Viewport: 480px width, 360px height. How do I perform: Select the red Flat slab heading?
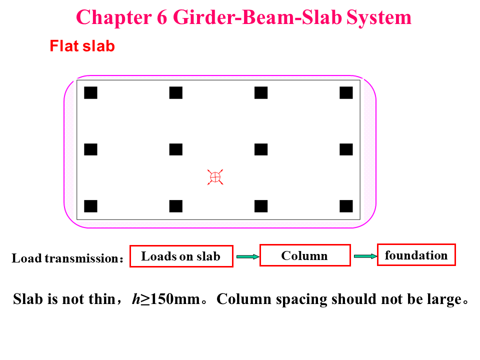click(82, 46)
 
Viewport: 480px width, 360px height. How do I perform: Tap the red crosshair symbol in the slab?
click(215, 177)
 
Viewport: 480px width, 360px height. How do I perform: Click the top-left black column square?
click(90, 93)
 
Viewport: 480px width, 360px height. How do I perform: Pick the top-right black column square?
click(346, 93)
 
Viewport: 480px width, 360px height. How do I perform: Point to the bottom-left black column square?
click(90, 206)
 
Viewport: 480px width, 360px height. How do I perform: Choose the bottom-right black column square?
click(346, 206)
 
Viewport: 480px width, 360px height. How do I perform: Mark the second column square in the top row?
click(176, 93)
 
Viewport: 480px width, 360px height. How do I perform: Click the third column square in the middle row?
click(261, 149)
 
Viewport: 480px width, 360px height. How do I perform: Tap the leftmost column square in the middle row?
click(90, 149)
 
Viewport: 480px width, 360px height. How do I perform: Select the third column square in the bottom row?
click(261, 206)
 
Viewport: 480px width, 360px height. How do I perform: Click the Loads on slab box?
click(181, 256)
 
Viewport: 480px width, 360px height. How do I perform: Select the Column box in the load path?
click(305, 256)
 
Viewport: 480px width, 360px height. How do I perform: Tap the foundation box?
click(416, 255)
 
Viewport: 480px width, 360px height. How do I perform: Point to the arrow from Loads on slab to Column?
click(247, 257)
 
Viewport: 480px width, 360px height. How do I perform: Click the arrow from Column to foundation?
click(365, 256)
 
